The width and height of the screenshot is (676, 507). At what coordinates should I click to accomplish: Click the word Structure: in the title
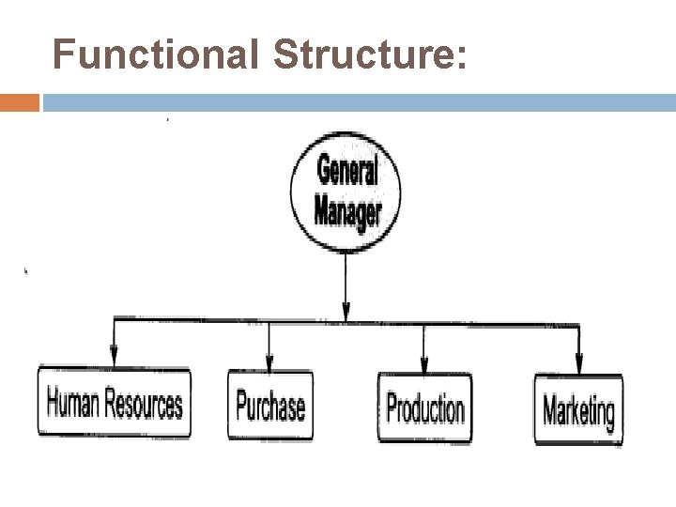(369, 54)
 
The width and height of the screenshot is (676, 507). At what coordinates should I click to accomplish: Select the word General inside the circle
(347, 172)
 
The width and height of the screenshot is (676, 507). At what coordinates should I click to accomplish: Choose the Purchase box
(270, 407)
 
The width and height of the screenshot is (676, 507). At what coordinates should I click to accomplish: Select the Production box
(425, 407)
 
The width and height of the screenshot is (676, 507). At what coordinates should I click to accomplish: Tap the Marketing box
(578, 409)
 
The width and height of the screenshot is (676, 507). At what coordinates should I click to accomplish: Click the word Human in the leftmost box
(73, 405)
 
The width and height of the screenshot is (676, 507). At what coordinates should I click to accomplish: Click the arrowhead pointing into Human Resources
(115, 358)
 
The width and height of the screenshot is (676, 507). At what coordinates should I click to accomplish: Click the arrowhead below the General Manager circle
(347, 311)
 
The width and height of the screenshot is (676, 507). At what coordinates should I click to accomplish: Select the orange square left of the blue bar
(20, 102)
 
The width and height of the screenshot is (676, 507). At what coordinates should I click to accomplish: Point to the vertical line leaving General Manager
(347, 277)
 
